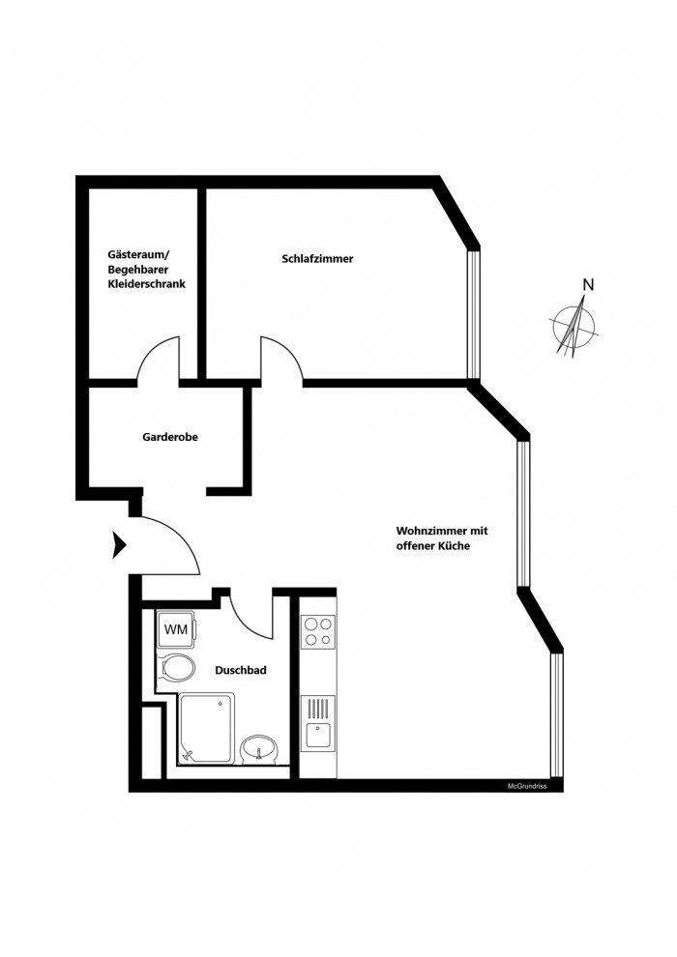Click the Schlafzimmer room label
(317, 259)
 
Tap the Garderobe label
(170, 437)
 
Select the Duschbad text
(241, 670)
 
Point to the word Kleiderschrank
(146, 284)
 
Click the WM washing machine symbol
(176, 629)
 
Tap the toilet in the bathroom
(176, 668)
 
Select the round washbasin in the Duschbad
(260, 749)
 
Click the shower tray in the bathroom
(206, 727)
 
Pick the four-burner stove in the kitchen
(318, 631)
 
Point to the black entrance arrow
(119, 544)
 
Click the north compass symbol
(574, 326)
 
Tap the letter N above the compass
(588, 284)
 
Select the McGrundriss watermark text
(527, 787)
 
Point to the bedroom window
(473, 314)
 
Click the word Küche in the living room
(453, 546)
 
